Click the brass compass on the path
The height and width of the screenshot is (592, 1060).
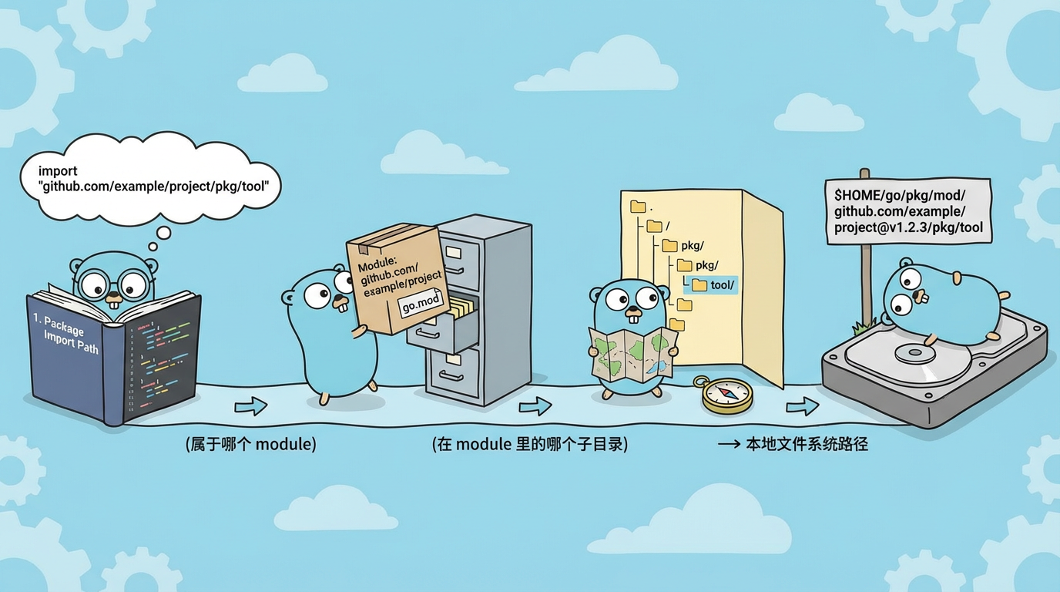point(727,395)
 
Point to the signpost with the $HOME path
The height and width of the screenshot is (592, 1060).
point(907,210)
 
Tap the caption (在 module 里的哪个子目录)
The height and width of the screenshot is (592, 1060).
point(529,445)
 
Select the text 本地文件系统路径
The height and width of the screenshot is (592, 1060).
point(806,445)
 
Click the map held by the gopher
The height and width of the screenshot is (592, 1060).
point(633,353)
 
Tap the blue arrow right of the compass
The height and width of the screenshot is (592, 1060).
point(802,406)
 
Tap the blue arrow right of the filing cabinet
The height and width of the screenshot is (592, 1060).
point(535,406)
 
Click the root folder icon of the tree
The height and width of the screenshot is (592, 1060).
point(638,207)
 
